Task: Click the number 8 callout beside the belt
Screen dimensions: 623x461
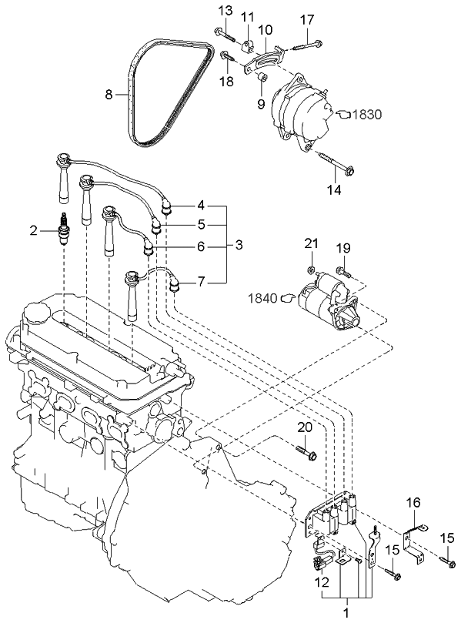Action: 109,95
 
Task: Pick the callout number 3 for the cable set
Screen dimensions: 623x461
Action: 239,245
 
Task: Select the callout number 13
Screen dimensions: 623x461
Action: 224,10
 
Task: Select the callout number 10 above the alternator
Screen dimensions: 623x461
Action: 266,29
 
